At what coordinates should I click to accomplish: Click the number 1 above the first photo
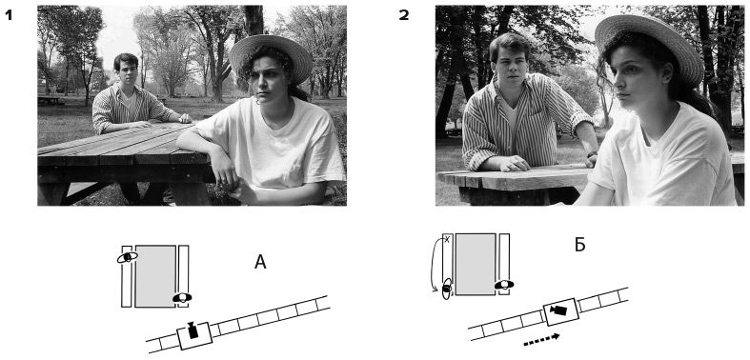click(x=9, y=15)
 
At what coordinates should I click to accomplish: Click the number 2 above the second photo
click(x=404, y=15)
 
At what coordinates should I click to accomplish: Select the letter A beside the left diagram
click(x=260, y=262)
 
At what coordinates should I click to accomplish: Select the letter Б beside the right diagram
click(x=579, y=245)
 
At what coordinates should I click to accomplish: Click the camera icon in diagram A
click(x=193, y=330)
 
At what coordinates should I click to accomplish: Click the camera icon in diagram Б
click(x=558, y=310)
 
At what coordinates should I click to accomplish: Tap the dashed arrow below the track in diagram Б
click(x=541, y=339)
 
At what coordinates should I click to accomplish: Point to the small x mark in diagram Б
click(x=447, y=239)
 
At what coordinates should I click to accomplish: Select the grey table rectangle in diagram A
click(x=155, y=276)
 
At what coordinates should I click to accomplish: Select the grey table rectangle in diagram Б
click(x=476, y=265)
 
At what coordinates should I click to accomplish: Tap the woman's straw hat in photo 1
click(x=271, y=56)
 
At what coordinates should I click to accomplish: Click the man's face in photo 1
click(x=128, y=71)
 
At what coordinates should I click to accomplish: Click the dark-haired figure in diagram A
click(x=128, y=257)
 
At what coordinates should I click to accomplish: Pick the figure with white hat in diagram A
click(x=182, y=297)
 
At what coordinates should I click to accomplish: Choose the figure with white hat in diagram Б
click(x=504, y=285)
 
